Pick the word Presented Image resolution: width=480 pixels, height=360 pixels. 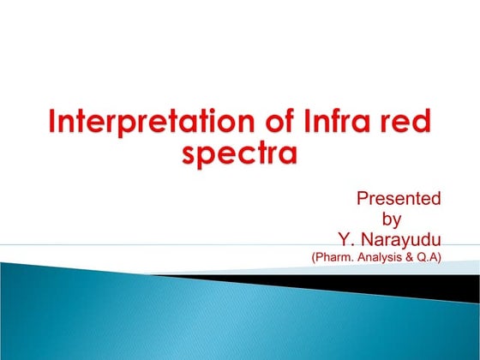(x=399, y=200)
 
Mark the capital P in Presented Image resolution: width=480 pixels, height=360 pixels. (x=362, y=200)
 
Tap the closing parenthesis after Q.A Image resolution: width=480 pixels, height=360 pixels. (x=440, y=255)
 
